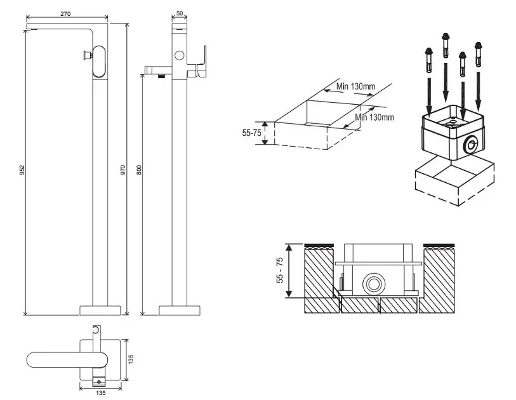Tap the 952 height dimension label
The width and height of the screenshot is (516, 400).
[22, 170]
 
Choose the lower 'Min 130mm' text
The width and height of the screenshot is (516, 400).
[374, 117]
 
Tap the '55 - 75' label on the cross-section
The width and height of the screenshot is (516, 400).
[280, 270]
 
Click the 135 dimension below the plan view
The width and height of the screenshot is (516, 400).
[100, 393]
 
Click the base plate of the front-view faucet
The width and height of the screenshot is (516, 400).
[100, 310]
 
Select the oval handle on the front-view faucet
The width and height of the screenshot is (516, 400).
[99, 62]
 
